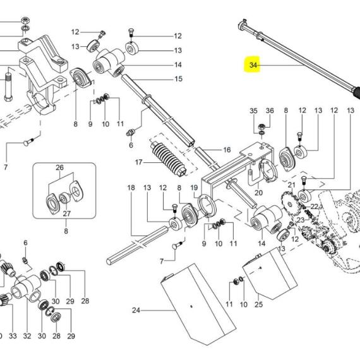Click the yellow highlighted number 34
pos(253,65)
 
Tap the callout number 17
pos(139,162)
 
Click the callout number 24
pos(136,310)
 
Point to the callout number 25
pos(258,304)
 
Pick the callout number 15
pos(178,79)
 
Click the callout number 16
pos(227,150)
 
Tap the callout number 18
pos(131,188)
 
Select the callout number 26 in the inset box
pos(59,167)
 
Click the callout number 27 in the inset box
pos(66,213)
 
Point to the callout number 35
pos(253,111)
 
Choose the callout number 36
pos(270,111)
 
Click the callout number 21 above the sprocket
pos(292,184)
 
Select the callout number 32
pos(27,336)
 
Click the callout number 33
pos(13,336)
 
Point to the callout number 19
pos(194,188)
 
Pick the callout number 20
pos(258,193)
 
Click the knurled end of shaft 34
pos(356,93)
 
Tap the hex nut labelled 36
pos(261,126)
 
